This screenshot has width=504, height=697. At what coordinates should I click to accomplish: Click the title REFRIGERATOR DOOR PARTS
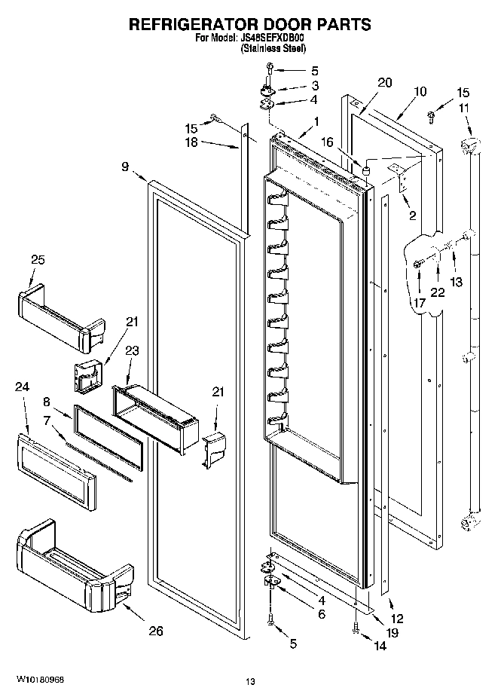(250, 24)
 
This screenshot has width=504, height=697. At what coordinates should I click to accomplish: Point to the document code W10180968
(37, 680)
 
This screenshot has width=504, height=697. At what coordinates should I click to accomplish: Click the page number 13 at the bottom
(250, 682)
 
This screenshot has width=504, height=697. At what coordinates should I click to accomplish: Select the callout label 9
(125, 169)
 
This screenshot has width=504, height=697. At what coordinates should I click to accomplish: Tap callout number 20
(385, 83)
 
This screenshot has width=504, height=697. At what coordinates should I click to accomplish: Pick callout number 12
(397, 619)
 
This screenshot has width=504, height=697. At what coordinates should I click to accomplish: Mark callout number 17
(419, 302)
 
